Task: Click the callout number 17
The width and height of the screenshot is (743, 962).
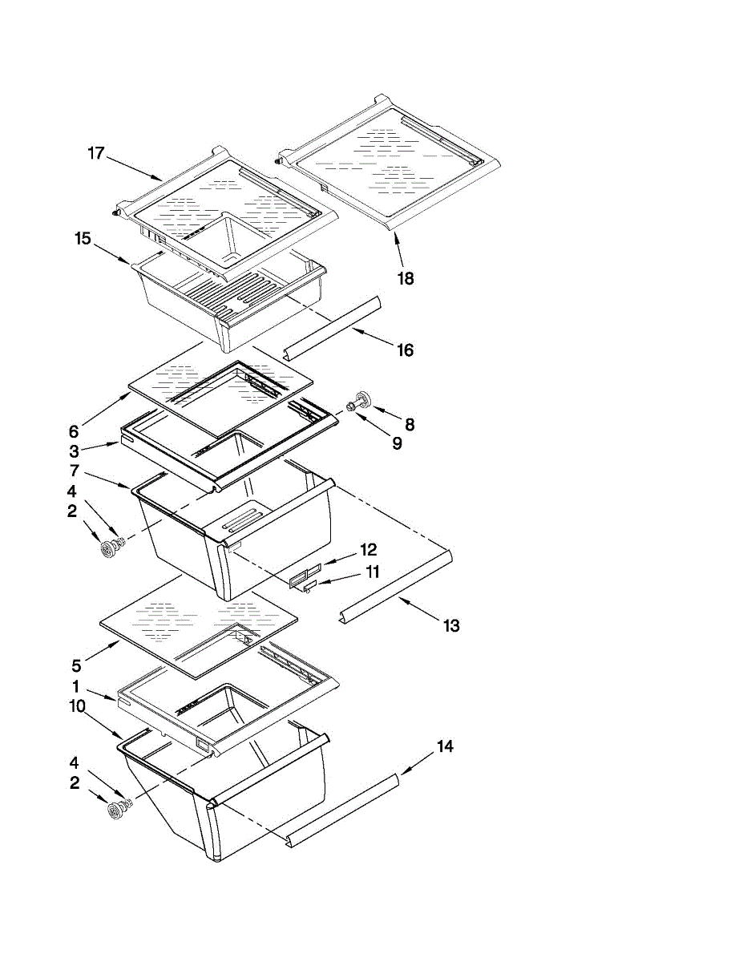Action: tap(96, 153)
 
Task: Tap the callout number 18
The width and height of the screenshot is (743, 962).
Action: tap(406, 279)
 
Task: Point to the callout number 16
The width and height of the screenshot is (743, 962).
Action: tap(406, 350)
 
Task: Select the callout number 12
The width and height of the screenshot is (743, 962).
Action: tap(368, 550)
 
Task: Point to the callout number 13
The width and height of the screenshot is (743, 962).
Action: tap(451, 625)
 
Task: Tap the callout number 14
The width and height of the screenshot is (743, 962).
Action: tap(445, 746)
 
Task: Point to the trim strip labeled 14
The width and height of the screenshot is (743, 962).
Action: tap(345, 809)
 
